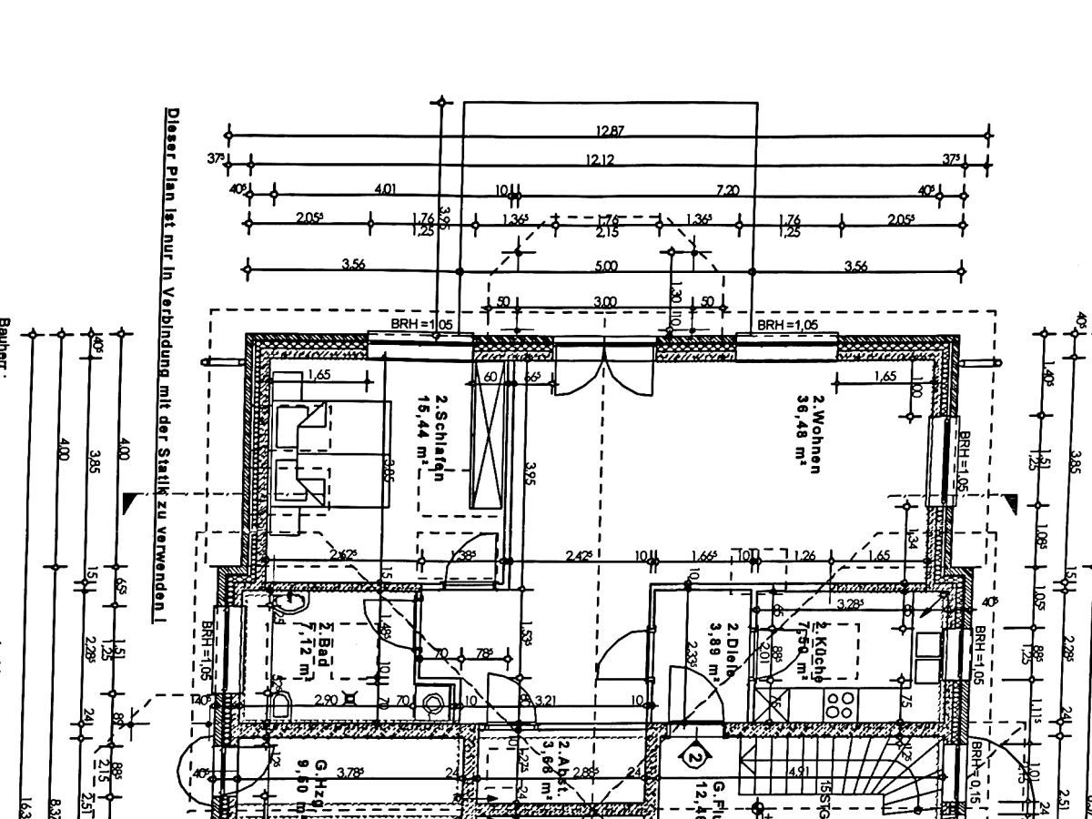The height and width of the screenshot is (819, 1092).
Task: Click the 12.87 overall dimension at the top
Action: tap(610, 131)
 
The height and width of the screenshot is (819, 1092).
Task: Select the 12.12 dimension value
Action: tap(600, 160)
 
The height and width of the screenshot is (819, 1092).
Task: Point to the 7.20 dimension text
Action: tap(727, 189)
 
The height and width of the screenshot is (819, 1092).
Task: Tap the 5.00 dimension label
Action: tap(606, 266)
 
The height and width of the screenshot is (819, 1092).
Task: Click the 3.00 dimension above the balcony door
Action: tap(604, 302)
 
